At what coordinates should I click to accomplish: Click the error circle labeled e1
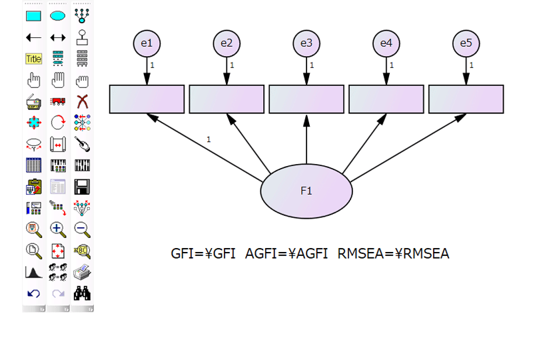point(147,43)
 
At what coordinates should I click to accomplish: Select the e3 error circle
point(306,43)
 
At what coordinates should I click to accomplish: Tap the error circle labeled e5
point(466,43)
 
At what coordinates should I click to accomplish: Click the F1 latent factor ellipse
point(306,191)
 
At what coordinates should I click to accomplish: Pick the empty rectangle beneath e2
point(227,99)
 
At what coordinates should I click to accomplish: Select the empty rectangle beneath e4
point(386,99)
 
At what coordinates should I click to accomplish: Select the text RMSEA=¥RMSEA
point(393,253)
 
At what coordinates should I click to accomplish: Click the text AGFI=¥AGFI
point(286,253)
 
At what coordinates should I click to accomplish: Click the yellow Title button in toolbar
point(33,59)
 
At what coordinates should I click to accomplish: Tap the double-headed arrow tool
point(58,37)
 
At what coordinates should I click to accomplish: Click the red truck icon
point(58,101)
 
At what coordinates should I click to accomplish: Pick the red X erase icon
point(82,101)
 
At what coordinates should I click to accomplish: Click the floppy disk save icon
point(82,187)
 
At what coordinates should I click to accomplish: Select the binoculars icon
point(82,293)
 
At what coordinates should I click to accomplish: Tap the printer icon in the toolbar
point(82,272)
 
